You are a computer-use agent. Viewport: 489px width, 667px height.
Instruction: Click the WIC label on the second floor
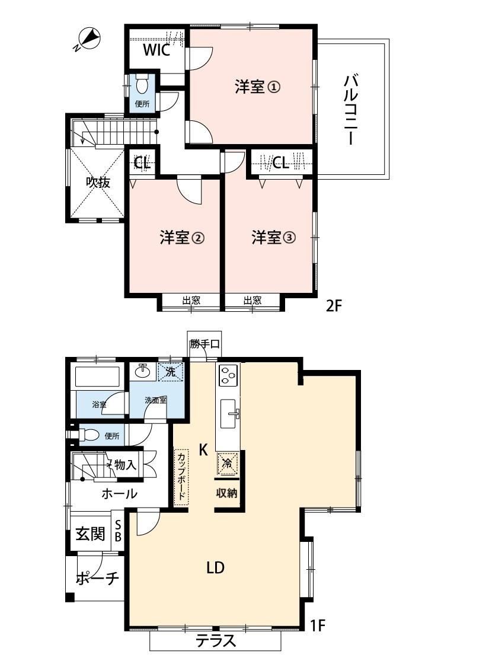[156, 50]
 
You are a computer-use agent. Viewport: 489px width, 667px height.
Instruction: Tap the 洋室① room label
[257, 87]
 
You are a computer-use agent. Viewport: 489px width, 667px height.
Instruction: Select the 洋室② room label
[182, 237]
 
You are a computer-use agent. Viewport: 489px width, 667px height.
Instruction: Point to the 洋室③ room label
[273, 237]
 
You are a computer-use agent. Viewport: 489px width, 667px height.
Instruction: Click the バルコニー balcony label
[351, 110]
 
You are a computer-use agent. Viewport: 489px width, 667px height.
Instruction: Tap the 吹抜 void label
[98, 183]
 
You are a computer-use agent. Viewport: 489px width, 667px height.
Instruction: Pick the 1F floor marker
[317, 625]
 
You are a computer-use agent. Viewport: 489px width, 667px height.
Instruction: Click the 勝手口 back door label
[204, 343]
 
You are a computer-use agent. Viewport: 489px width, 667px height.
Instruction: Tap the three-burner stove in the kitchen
[228, 374]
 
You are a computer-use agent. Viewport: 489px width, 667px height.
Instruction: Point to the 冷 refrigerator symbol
[228, 464]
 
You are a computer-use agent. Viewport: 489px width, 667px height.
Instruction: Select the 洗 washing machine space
[171, 372]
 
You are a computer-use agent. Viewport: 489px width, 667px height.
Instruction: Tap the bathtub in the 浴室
[97, 376]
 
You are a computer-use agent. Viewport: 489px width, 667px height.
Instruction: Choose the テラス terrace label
[216, 641]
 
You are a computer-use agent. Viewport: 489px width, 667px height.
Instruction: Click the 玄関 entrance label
[90, 534]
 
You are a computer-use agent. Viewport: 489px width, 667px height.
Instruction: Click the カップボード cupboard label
[181, 477]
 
